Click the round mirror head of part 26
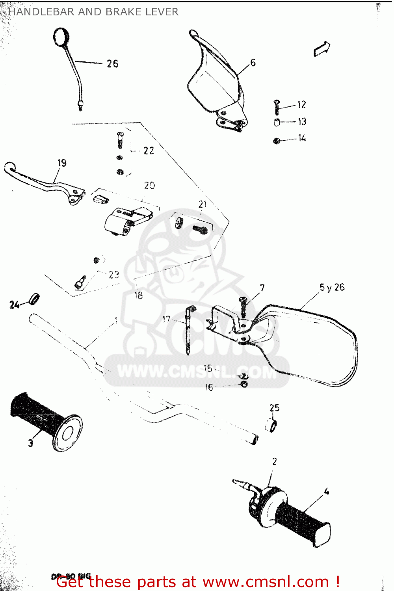pyautogui.click(x=61, y=37)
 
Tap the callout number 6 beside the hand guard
pyautogui.click(x=253, y=62)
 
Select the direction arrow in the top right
pyautogui.click(x=322, y=49)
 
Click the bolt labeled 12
pyautogui.click(x=277, y=107)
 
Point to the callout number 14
pyautogui.click(x=302, y=138)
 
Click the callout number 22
pyautogui.click(x=149, y=151)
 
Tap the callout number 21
pyautogui.click(x=203, y=204)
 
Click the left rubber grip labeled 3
pyautogui.click(x=43, y=420)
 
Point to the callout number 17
pyautogui.click(x=166, y=319)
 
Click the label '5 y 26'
pyautogui.click(x=332, y=287)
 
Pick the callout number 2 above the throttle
pyautogui.click(x=274, y=461)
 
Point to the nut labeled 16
pyautogui.click(x=244, y=384)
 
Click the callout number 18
pyautogui.click(x=139, y=295)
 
